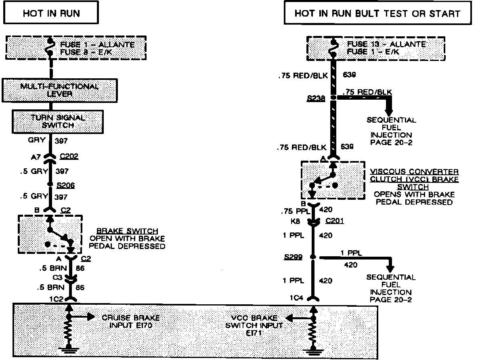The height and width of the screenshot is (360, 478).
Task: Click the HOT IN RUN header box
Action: tap(51, 13)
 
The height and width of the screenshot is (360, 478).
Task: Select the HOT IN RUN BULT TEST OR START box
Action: tap(377, 13)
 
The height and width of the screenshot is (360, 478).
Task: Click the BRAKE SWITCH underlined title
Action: tap(135, 231)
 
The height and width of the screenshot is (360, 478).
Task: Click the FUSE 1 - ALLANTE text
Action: tap(97, 44)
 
